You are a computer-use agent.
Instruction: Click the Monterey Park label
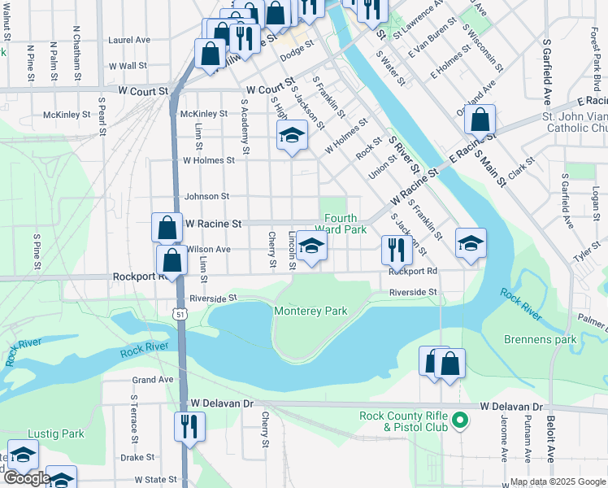click(311, 311)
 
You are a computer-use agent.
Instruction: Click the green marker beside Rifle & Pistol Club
click(460, 420)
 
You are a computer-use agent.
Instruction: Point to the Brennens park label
click(540, 339)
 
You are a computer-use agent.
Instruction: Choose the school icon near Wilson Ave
click(311, 246)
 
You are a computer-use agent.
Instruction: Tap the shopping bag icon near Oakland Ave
click(480, 120)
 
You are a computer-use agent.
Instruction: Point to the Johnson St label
click(207, 196)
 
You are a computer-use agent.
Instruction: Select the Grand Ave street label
click(153, 380)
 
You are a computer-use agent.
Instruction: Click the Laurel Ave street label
click(129, 39)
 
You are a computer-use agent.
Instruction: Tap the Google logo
click(27, 478)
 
